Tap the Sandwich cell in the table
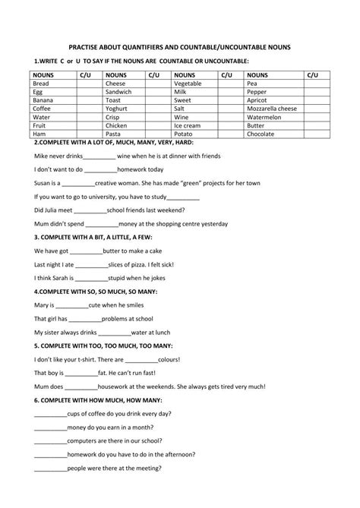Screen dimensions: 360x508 [x=118, y=91]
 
